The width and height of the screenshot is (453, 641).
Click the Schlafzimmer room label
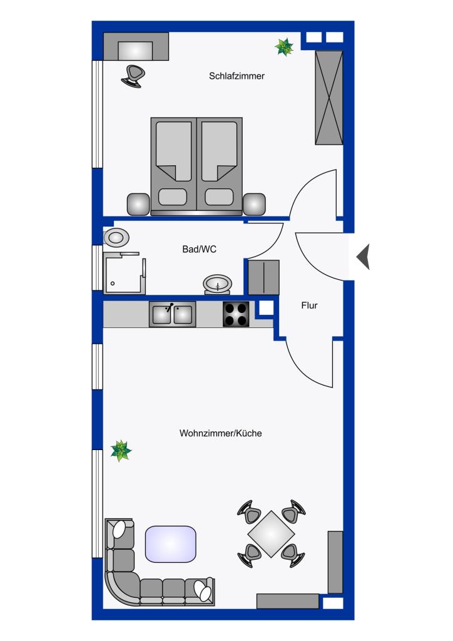pyautogui.click(x=237, y=76)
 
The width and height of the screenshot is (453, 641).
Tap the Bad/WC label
pyautogui.click(x=200, y=249)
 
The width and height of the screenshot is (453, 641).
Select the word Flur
pyautogui.click(x=309, y=305)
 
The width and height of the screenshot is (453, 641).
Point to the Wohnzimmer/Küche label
pyautogui.click(x=221, y=433)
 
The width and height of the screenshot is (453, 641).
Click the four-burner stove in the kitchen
pyautogui.click(x=236, y=314)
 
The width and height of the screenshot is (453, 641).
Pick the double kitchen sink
pyautogui.click(x=172, y=314)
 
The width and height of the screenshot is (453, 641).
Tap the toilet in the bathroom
pyautogui.click(x=116, y=237)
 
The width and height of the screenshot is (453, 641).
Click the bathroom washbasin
pyautogui.click(x=217, y=284)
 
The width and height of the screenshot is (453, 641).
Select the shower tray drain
pyautogui.click(x=113, y=284)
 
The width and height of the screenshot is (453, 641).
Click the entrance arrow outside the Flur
pyautogui.click(x=363, y=257)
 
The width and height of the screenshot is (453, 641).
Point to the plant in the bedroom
pyautogui.click(x=284, y=47)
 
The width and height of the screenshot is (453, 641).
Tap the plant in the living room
pyautogui.click(x=121, y=451)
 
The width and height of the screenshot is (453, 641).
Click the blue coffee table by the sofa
pyautogui.click(x=171, y=544)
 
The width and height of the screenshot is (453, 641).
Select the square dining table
pyautogui.click(x=271, y=534)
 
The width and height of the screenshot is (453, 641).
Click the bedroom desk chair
pyautogui.click(x=133, y=76)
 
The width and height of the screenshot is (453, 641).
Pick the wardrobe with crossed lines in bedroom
pyautogui.click(x=329, y=98)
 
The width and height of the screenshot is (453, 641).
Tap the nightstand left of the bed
pyautogui.click(x=138, y=205)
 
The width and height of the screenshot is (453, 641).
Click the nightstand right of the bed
pyautogui.click(x=254, y=205)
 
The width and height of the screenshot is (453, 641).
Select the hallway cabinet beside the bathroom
pyautogui.click(x=264, y=277)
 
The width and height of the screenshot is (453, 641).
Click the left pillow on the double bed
pyautogui.click(x=173, y=197)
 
